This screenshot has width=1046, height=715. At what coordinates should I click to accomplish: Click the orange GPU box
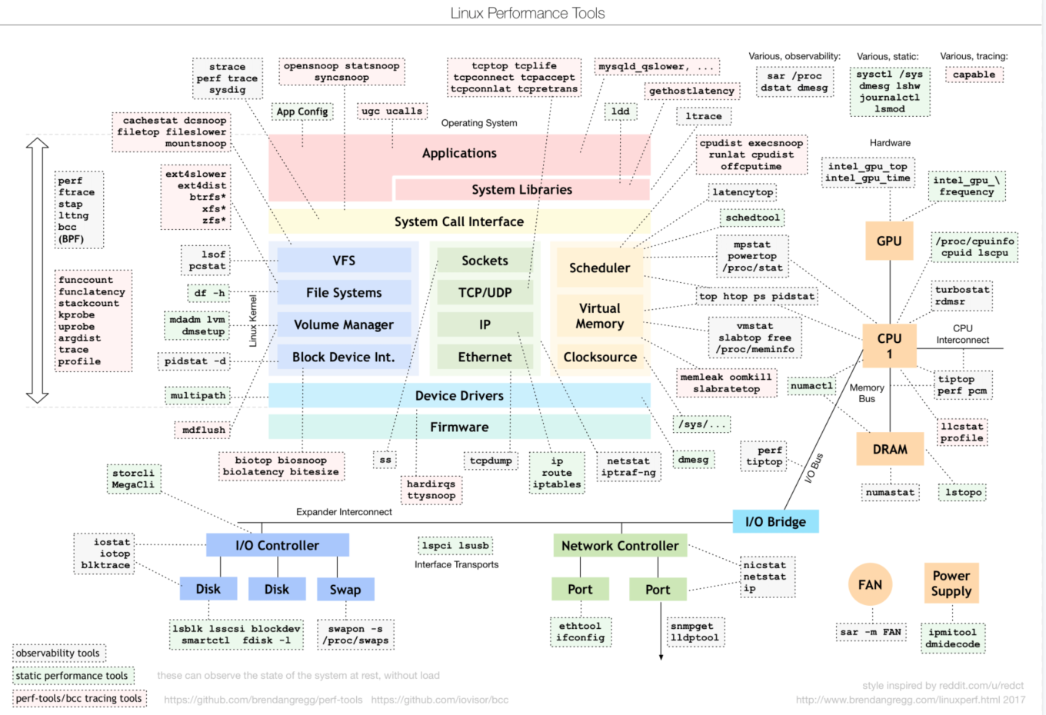[x=889, y=241]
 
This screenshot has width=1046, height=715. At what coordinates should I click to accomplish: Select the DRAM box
[x=890, y=449]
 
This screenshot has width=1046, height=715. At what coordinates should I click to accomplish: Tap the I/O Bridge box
[x=775, y=521]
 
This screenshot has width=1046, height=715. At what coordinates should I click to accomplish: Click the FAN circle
[x=870, y=585]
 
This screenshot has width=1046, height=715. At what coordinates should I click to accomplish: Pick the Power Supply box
[x=951, y=584]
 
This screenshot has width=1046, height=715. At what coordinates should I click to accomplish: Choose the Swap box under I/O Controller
[x=345, y=590]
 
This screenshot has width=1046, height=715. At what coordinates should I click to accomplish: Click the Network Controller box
[x=620, y=546]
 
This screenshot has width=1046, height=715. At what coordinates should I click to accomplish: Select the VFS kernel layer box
[x=344, y=261]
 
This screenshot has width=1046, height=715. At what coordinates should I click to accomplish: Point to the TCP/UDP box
[x=485, y=293]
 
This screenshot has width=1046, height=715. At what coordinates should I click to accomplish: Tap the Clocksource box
[x=600, y=357]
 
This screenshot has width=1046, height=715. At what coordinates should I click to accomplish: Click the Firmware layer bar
[x=459, y=427]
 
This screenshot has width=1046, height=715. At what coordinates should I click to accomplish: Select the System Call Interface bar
[x=459, y=221]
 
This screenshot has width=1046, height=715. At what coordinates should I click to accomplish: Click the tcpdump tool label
[x=491, y=461]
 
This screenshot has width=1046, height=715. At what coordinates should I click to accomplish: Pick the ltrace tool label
[x=704, y=116]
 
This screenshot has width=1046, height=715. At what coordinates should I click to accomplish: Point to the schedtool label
[x=752, y=218]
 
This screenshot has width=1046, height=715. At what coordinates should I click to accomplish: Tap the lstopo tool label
[x=963, y=492]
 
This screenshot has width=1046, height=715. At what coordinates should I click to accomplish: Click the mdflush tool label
[x=204, y=430]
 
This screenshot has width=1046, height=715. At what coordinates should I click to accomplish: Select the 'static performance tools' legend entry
[x=72, y=676]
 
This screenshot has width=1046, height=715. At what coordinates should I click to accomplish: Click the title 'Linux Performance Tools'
[x=528, y=13]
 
